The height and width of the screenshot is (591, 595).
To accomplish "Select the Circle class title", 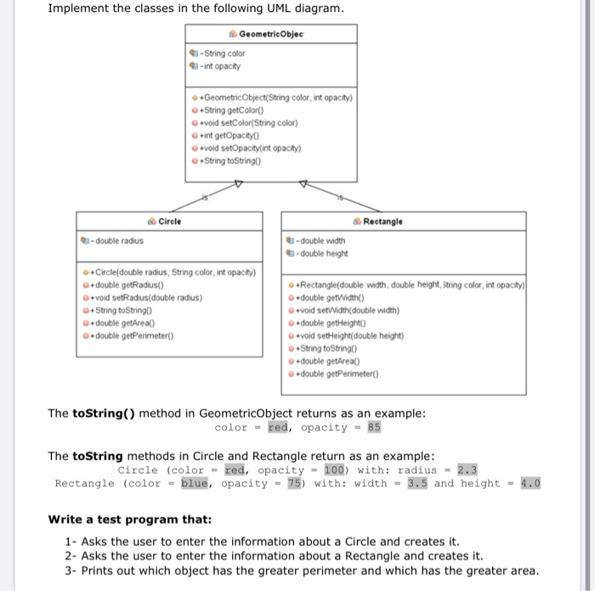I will (x=169, y=221).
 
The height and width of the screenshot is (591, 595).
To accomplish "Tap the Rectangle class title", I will (x=383, y=221).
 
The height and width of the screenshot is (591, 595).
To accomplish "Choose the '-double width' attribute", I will (x=320, y=239).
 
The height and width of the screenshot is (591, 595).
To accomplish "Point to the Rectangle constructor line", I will (x=412, y=284).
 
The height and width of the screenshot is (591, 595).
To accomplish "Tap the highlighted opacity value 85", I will (x=375, y=427).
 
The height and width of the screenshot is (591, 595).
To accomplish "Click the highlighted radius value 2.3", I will (x=467, y=470).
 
